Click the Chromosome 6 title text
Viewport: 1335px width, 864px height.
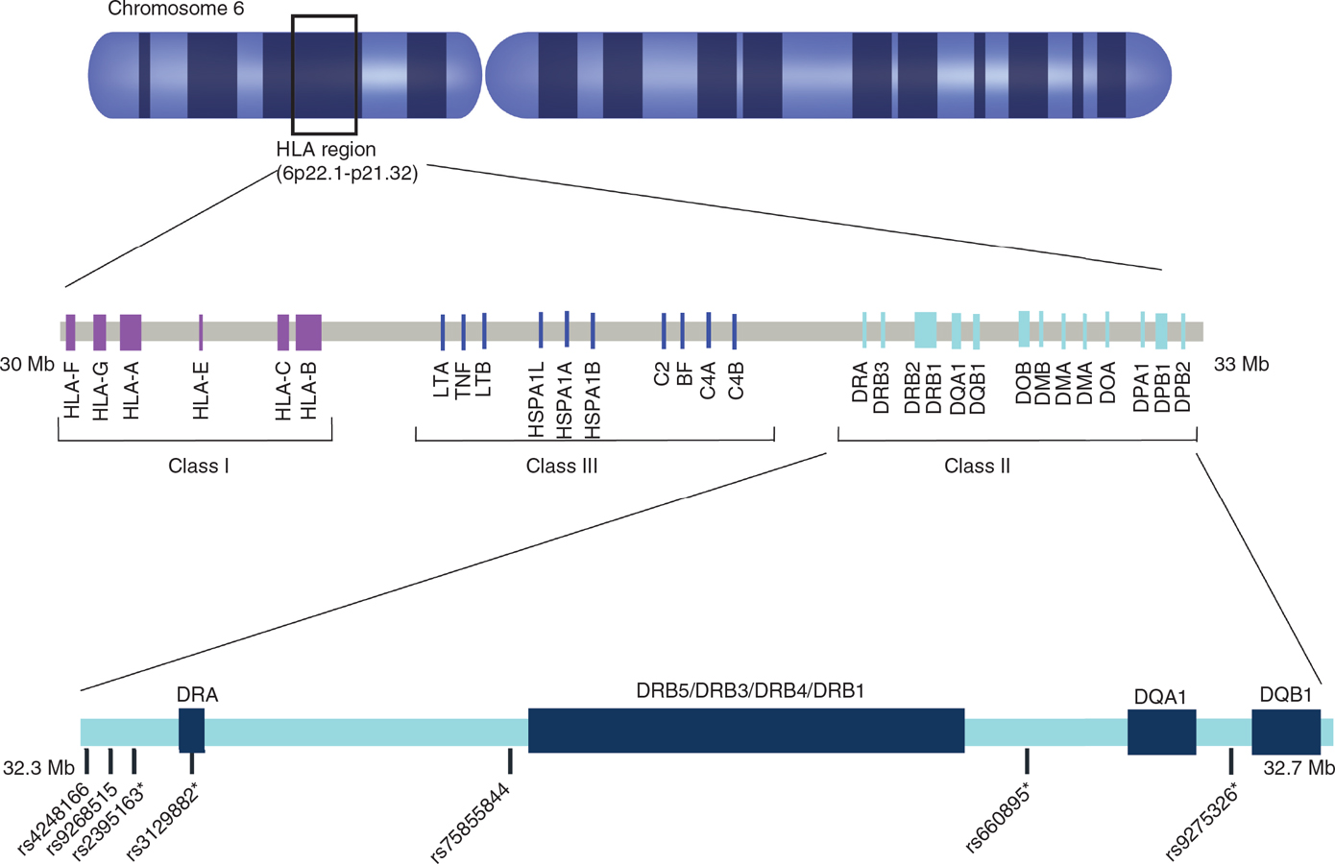(x=176, y=10)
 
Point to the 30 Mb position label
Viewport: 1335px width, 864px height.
(x=27, y=365)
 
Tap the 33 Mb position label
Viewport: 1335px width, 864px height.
(x=1241, y=365)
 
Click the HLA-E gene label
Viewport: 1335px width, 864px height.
(x=201, y=392)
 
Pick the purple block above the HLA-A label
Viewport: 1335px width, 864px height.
(x=131, y=332)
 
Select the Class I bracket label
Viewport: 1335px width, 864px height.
(x=198, y=467)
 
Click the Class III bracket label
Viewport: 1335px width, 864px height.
(x=562, y=467)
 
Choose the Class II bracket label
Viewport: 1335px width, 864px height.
(x=977, y=467)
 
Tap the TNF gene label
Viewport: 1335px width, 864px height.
(x=463, y=380)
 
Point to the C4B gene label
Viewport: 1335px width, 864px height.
(x=736, y=381)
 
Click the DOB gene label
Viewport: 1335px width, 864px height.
(x=1024, y=383)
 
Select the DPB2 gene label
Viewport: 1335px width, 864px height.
(x=1183, y=387)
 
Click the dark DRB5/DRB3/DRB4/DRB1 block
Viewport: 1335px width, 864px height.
(x=746, y=731)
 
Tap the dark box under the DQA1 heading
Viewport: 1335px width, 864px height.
(x=1161, y=732)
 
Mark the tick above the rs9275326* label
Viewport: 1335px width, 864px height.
(x=1230, y=761)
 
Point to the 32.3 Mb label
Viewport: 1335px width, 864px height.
(x=38, y=769)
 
